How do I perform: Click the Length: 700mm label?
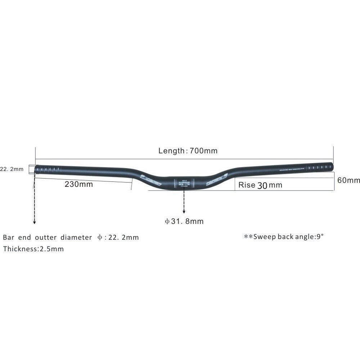[x=188, y=151]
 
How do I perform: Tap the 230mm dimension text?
[x=78, y=184]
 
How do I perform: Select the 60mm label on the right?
[x=348, y=180]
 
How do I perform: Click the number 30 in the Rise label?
[x=262, y=185]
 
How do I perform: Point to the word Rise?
[x=247, y=185]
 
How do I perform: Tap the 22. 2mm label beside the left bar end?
[x=12, y=169]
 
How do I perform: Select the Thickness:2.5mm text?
[x=33, y=249]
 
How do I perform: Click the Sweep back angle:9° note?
[x=284, y=237]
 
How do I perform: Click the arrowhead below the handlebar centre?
[x=184, y=212]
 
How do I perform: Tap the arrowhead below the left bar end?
[x=34, y=223]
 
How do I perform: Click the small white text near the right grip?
[x=292, y=169]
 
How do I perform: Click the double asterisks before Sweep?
[x=248, y=237]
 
